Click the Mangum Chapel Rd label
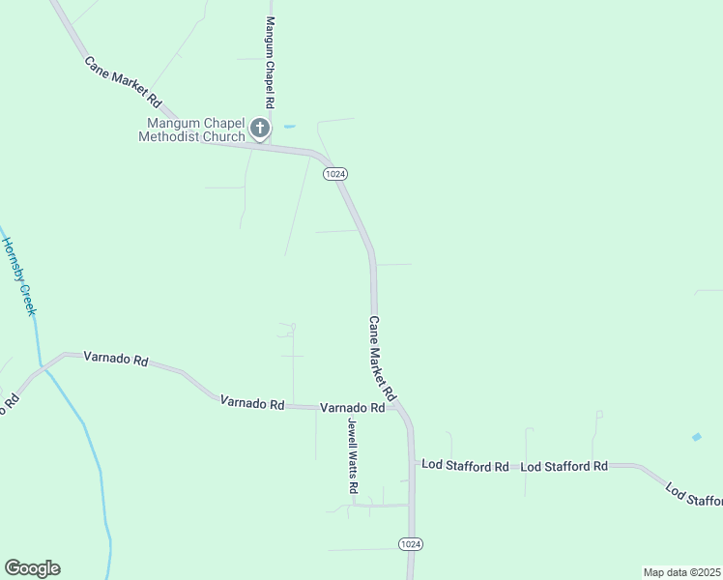(x=271, y=63)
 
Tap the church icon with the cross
(x=259, y=128)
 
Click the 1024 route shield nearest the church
(x=335, y=173)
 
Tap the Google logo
(x=32, y=568)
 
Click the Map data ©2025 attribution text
(x=681, y=572)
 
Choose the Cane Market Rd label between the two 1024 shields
(x=382, y=359)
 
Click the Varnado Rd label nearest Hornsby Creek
(x=116, y=360)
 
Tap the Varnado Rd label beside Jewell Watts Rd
(x=353, y=408)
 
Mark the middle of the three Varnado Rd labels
(x=251, y=402)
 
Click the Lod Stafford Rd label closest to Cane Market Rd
(x=465, y=466)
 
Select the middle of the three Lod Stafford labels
(x=564, y=466)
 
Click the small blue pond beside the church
(x=289, y=127)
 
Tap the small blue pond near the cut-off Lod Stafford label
(x=697, y=437)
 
